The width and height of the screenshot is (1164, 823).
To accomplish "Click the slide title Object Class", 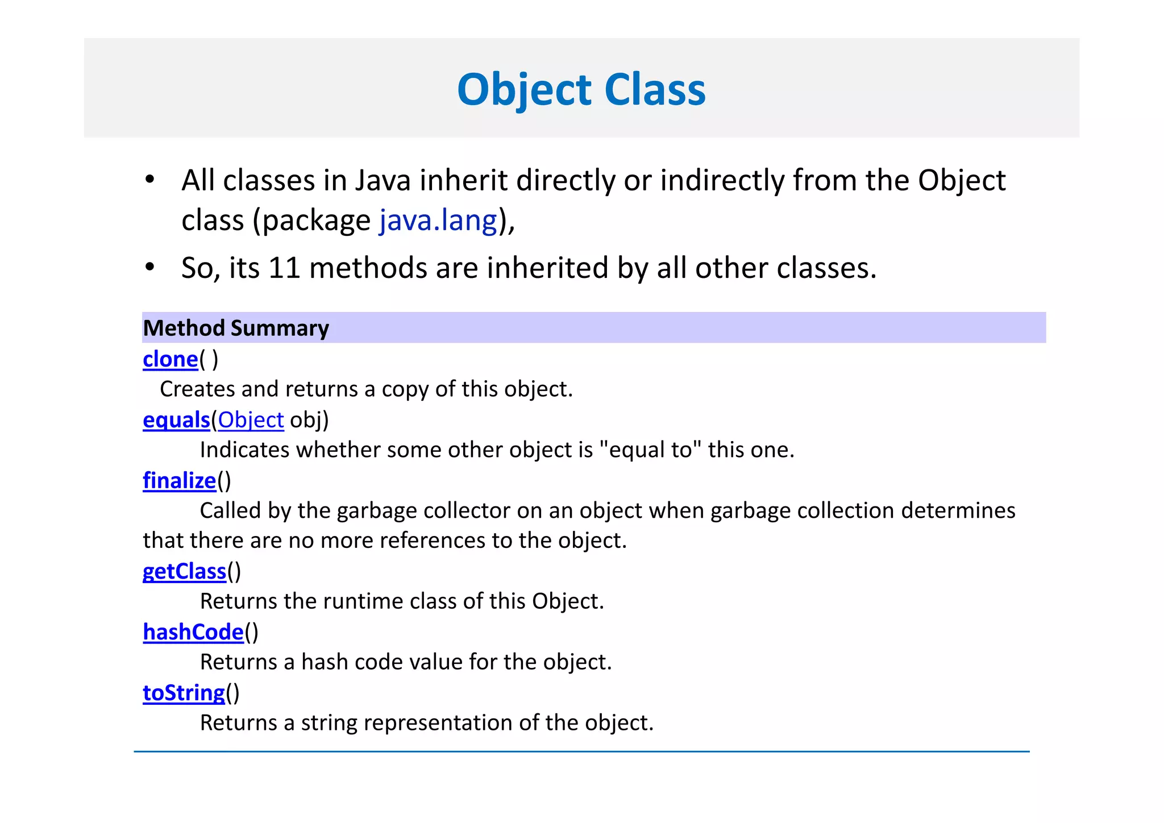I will [x=581, y=90].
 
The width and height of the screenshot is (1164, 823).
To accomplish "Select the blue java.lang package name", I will [x=438, y=221].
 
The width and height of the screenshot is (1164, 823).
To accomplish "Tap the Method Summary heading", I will [x=236, y=329].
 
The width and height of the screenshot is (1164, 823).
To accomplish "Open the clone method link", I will [x=170, y=360].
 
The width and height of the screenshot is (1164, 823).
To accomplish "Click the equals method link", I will [x=176, y=420].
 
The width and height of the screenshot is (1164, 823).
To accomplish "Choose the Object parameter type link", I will [x=251, y=420].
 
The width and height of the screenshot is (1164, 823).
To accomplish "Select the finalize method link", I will [x=179, y=481].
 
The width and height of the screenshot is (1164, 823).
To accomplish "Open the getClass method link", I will [x=184, y=571].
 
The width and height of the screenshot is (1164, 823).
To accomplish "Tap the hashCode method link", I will [x=193, y=632].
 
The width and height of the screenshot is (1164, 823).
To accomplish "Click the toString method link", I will [x=184, y=693].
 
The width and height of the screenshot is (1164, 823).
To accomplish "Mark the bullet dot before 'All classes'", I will [x=149, y=180].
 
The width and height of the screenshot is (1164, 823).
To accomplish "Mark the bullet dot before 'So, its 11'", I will [x=149, y=267].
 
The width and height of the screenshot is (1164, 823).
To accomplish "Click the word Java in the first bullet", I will [x=383, y=181].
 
